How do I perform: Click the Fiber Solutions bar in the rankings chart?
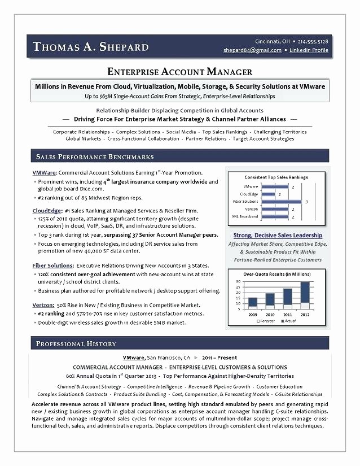tap(281, 201)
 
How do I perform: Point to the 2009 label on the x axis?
tap(252, 314)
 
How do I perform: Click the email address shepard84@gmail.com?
tap(252, 50)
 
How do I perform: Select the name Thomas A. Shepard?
tap(91, 47)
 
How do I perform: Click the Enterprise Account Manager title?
tap(179, 72)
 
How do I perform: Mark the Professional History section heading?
tap(76, 343)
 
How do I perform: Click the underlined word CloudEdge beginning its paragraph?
tap(45, 210)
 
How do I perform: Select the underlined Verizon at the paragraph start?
tap(43, 305)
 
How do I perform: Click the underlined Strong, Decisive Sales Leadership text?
tap(278, 235)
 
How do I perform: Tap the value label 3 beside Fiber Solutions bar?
tap(306, 201)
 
